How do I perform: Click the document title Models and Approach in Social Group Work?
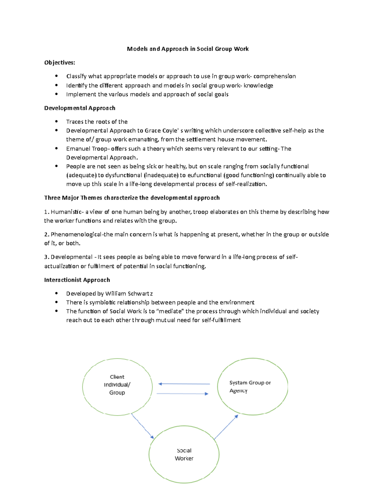point(188,49)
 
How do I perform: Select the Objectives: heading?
point(60,63)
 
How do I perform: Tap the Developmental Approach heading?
point(80,108)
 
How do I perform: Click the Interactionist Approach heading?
point(77,280)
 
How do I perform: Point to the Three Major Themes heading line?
point(132,198)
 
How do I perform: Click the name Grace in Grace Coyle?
point(153,130)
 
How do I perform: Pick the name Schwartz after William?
point(140,294)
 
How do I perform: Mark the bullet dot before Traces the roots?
point(56,121)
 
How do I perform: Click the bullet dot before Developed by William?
point(56,293)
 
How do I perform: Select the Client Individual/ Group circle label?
point(117,385)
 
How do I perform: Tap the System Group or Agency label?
point(250,386)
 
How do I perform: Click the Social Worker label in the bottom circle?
point(184,454)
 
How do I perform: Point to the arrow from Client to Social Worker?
point(143,426)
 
